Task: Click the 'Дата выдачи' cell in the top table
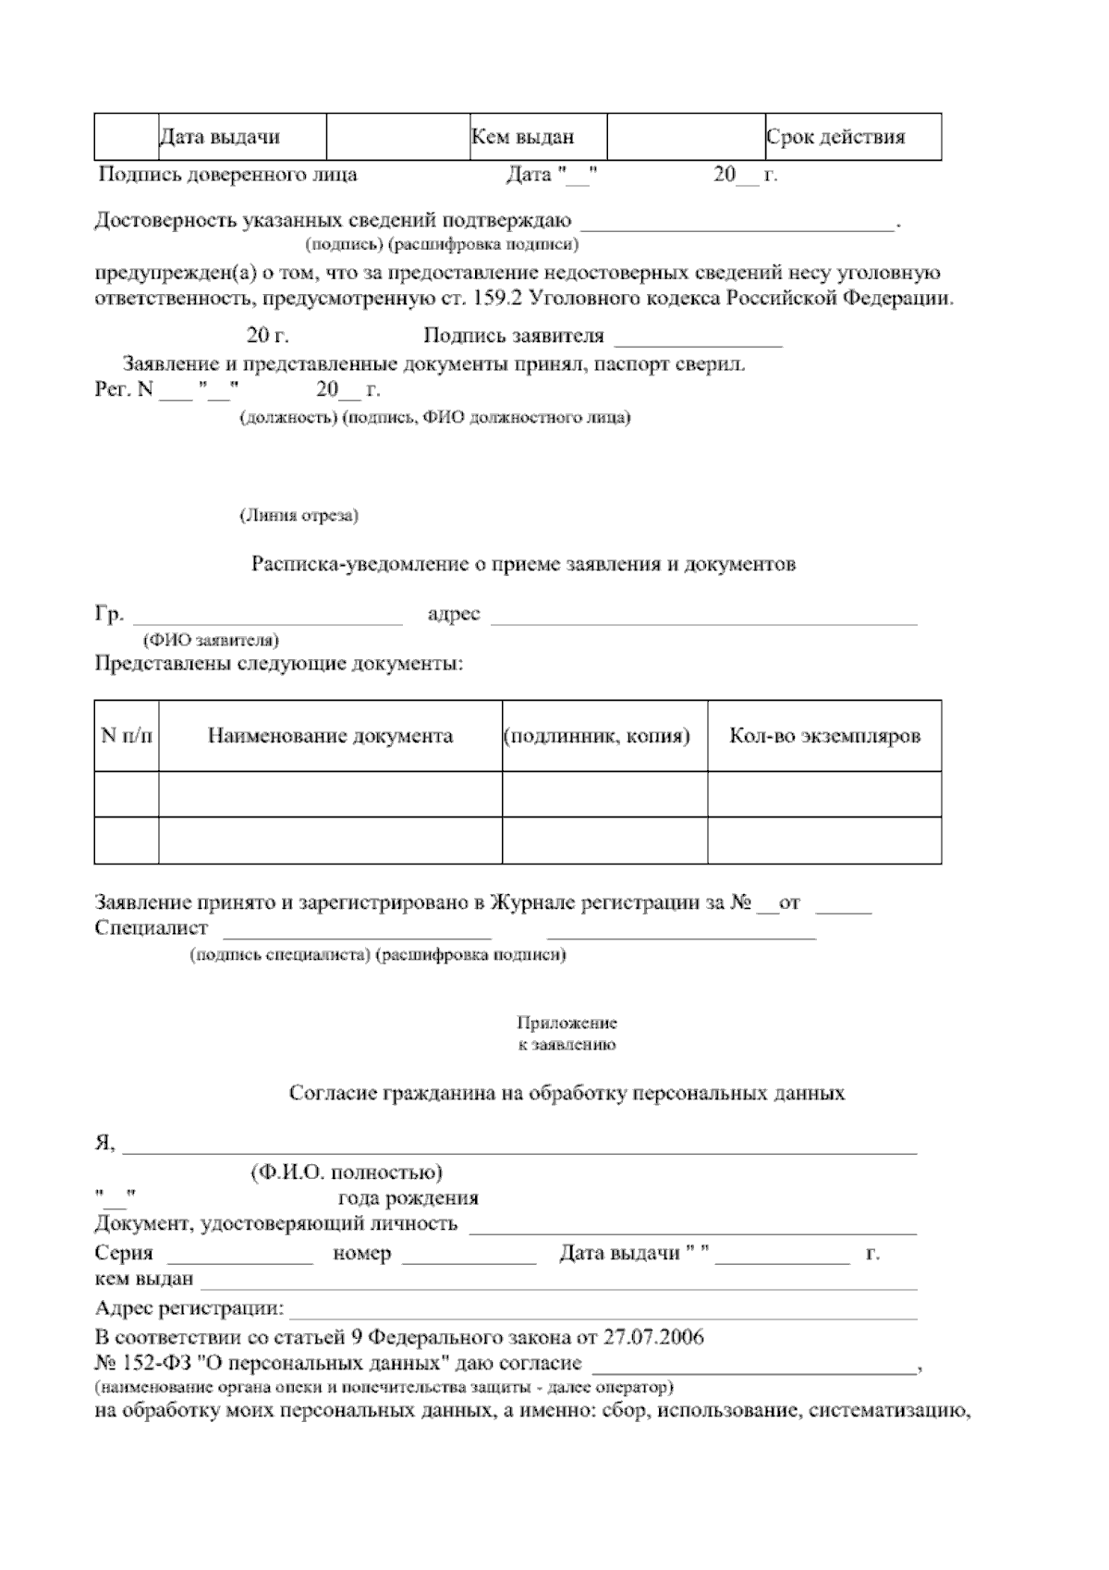tap(220, 138)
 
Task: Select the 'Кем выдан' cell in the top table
tap(523, 138)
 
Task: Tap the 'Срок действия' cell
tap(835, 138)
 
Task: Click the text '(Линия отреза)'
tap(299, 515)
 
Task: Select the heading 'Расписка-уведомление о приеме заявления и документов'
tap(524, 564)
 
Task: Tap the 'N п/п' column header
tap(127, 736)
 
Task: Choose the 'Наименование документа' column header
tap(330, 736)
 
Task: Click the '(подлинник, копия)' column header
tap(597, 737)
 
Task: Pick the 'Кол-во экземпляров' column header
tap(824, 736)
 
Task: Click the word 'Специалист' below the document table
tap(152, 927)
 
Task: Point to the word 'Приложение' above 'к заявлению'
tap(567, 1024)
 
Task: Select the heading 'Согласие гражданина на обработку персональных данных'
tap(567, 1093)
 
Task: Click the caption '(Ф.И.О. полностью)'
tap(347, 1172)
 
